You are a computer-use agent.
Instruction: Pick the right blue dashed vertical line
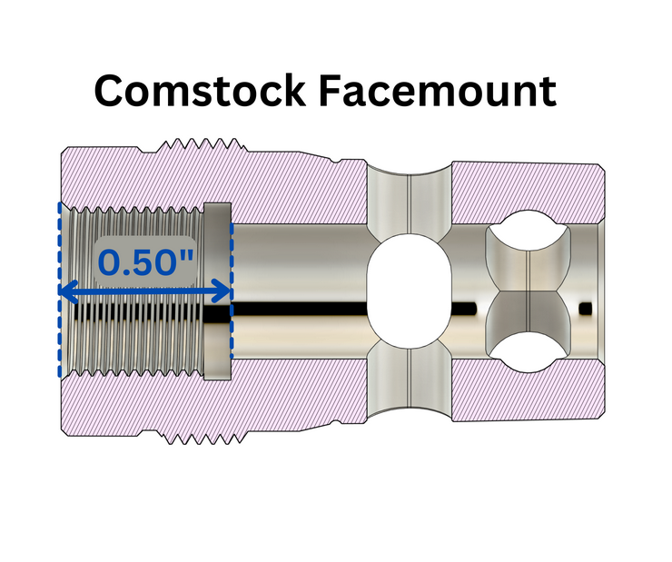(x=232, y=291)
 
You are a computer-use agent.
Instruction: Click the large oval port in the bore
(x=410, y=291)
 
